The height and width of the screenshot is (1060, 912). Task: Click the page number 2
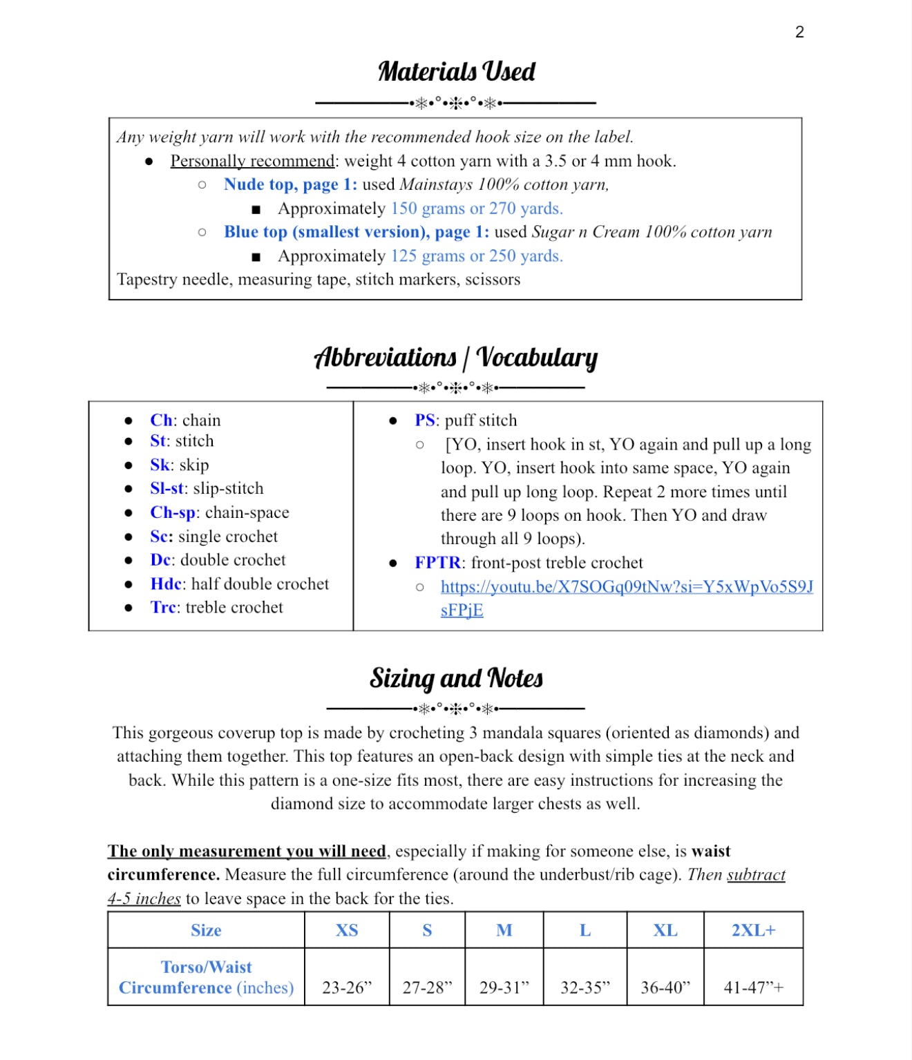(x=799, y=32)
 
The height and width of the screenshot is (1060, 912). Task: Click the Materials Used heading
(x=456, y=72)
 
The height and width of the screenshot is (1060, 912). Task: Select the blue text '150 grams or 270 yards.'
(x=477, y=209)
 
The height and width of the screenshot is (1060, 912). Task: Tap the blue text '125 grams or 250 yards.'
(x=477, y=256)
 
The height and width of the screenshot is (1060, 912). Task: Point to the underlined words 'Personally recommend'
(x=252, y=161)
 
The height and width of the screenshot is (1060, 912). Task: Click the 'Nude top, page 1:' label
(x=290, y=184)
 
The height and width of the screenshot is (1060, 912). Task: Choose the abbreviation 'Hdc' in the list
(x=166, y=584)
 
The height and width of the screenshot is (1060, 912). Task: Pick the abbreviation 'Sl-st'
(x=167, y=489)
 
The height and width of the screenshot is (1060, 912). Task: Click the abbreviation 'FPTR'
(x=437, y=563)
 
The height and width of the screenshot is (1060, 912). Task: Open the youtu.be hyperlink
(x=626, y=587)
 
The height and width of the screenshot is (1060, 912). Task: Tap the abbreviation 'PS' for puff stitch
(x=425, y=421)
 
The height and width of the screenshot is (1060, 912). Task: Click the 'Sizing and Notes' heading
(x=456, y=678)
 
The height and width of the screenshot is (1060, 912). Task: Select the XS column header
(x=347, y=930)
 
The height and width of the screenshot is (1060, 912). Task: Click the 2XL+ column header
(x=753, y=930)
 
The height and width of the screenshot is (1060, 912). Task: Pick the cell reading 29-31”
(x=504, y=987)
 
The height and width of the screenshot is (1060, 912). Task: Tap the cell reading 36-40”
(x=665, y=987)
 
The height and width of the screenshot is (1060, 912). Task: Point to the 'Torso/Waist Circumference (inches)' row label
(x=206, y=977)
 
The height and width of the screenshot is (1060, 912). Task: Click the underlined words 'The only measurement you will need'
(x=247, y=851)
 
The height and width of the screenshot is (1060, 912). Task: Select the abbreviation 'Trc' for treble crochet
(x=164, y=608)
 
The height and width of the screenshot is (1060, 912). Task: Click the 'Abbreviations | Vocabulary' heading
(x=456, y=358)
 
